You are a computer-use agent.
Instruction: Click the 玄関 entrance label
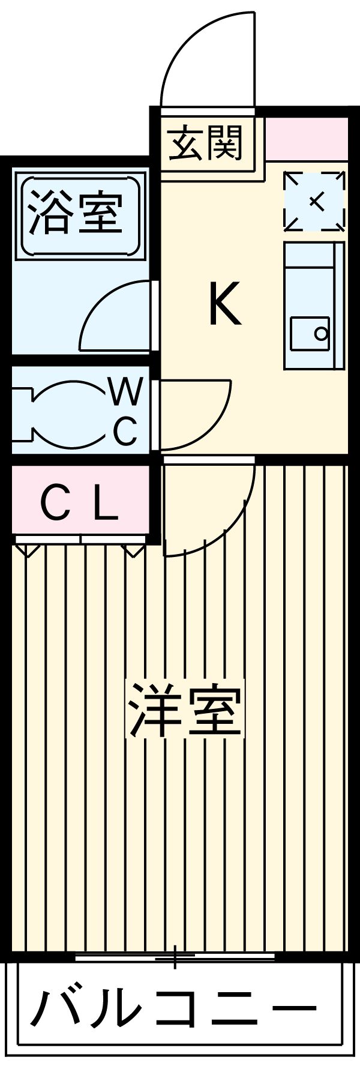(205, 143)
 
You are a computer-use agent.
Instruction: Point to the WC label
(126, 412)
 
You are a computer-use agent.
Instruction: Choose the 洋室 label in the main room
(185, 711)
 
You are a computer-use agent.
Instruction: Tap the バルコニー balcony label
(174, 1008)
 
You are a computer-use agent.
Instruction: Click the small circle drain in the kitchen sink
(321, 333)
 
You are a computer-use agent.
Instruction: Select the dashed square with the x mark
(315, 202)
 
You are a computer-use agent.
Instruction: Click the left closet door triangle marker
(27, 549)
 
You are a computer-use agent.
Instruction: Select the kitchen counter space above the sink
(310, 276)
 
